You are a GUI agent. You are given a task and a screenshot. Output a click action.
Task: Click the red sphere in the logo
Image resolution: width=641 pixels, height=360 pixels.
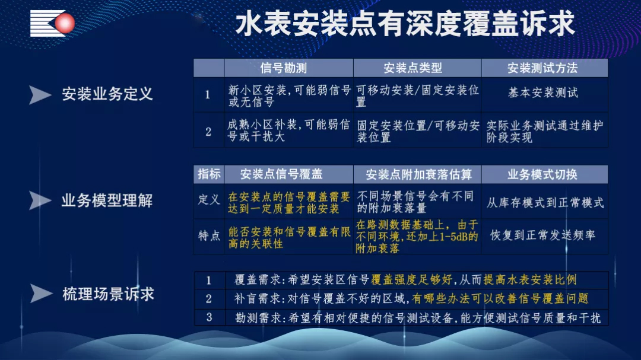(65, 23)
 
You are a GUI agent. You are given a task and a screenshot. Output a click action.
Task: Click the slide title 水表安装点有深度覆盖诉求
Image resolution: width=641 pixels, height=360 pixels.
(405, 24)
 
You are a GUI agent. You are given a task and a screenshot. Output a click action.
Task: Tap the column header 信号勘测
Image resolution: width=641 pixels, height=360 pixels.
(283, 68)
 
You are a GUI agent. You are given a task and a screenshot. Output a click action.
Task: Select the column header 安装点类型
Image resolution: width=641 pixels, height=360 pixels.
(412, 68)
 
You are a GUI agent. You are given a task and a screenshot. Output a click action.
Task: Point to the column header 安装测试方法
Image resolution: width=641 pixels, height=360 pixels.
(542, 68)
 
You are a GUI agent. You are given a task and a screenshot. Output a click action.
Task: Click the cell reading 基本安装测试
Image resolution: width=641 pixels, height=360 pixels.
(543, 93)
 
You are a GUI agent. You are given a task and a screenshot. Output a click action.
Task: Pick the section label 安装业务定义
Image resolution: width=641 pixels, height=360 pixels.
(107, 94)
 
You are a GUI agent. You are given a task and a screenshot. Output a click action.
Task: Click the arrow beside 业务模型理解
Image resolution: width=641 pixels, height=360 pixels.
(40, 200)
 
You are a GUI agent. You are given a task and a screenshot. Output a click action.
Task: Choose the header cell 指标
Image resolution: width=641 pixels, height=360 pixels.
(209, 174)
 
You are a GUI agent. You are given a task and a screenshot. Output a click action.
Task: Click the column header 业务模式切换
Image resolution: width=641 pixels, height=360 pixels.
(542, 174)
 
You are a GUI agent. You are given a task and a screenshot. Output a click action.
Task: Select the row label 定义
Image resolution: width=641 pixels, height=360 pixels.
(209, 199)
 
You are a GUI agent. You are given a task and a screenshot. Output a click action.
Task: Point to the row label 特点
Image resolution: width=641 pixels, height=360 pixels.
(209, 235)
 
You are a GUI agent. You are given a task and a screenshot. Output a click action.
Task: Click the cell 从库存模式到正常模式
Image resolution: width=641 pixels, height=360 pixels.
(545, 202)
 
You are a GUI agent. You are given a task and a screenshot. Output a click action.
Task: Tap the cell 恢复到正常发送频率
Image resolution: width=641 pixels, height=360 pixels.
(542, 235)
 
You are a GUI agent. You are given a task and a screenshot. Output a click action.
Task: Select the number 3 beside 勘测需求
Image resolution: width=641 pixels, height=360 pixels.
(210, 317)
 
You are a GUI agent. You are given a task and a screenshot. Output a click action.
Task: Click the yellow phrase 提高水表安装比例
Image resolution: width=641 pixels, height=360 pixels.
(530, 279)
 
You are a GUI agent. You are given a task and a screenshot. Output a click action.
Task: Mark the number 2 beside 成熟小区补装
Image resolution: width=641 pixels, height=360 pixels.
(208, 132)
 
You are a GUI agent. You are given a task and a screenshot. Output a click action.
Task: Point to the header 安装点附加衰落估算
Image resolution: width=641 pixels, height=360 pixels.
(418, 175)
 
